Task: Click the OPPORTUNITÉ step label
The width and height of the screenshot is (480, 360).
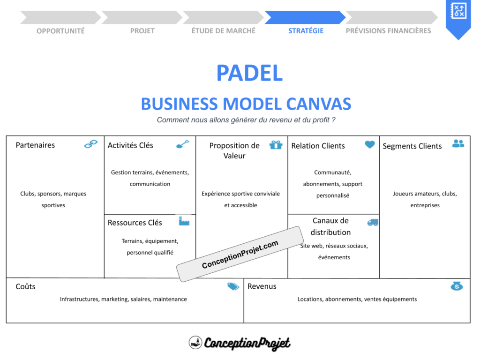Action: point(60,31)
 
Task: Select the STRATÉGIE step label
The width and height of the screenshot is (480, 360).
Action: point(306,31)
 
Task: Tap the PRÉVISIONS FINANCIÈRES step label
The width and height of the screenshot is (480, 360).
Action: point(388,31)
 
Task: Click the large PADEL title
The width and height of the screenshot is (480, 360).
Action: point(249,73)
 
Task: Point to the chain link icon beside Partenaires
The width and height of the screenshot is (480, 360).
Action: point(91,144)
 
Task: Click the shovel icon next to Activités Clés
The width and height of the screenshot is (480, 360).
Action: point(182,144)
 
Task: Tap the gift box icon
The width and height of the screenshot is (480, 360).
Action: point(276,145)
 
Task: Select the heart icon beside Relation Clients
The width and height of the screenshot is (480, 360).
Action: point(370,145)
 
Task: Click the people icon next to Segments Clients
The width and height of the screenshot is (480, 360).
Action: point(458,143)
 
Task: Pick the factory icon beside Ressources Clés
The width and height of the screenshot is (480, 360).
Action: point(184,221)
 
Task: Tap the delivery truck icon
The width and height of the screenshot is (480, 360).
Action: point(373,222)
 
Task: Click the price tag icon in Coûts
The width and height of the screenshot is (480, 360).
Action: point(233,286)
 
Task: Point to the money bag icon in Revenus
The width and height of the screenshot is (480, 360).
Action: point(457,286)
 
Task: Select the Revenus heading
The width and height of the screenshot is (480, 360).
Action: point(262,286)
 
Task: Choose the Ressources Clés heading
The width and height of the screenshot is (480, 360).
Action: point(135,223)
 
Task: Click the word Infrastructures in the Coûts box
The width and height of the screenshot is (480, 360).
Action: point(79,299)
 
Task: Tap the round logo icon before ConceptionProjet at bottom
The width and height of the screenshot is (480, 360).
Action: point(195,343)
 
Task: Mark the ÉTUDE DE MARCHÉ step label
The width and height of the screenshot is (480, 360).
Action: point(223,31)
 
